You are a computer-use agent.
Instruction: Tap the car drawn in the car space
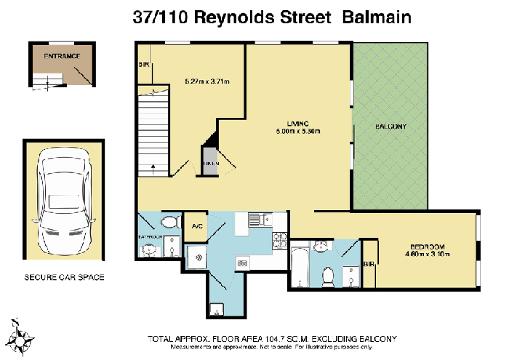click(64, 199)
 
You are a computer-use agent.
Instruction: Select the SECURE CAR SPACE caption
click(64, 277)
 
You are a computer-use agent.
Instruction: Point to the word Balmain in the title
click(376, 17)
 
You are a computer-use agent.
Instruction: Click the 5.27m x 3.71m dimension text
click(207, 81)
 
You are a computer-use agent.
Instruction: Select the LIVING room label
click(298, 122)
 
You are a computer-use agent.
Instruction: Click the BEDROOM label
click(428, 246)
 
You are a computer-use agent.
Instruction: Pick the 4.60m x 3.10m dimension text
click(428, 254)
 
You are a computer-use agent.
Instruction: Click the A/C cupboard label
click(197, 226)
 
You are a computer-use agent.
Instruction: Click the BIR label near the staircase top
click(143, 65)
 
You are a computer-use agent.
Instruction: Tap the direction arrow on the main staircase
click(153, 167)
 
